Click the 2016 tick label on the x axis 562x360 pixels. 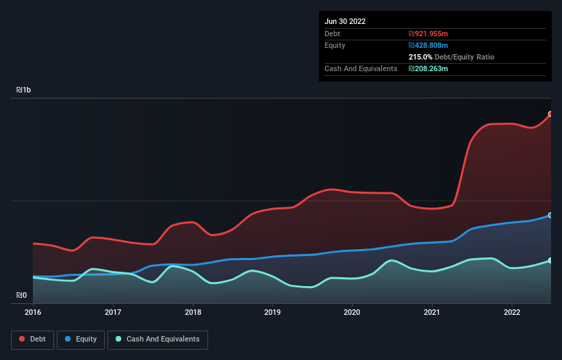(33, 312)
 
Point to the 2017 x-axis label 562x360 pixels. (113, 312)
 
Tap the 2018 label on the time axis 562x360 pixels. (193, 312)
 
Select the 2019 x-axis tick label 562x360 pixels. (272, 312)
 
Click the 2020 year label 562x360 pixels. (353, 312)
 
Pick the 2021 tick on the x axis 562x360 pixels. (432, 312)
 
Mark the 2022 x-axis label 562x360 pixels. (512, 312)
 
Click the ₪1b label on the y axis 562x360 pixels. (24, 90)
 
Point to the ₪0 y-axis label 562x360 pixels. (22, 296)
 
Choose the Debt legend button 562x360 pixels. (31, 339)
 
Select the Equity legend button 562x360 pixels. (80, 339)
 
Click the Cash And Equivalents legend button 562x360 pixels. (157, 339)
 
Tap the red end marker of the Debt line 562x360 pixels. (550, 114)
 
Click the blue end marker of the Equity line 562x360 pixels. (550, 215)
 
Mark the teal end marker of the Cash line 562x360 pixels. (550, 261)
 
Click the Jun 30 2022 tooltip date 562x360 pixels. (345, 21)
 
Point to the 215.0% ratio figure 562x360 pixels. (420, 57)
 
